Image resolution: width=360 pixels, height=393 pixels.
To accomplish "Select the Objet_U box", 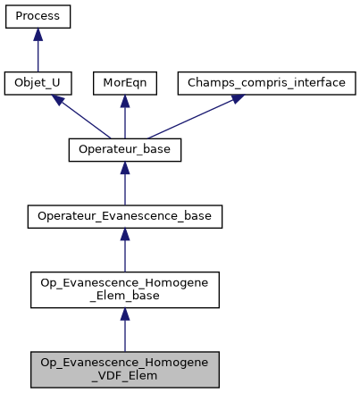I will (38, 83).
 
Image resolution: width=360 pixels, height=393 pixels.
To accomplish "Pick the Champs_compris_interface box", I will (236, 83).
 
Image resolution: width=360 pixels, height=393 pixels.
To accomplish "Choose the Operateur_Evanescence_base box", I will (124, 215).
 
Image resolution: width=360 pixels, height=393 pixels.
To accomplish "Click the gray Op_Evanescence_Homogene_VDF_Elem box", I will (124, 368).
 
